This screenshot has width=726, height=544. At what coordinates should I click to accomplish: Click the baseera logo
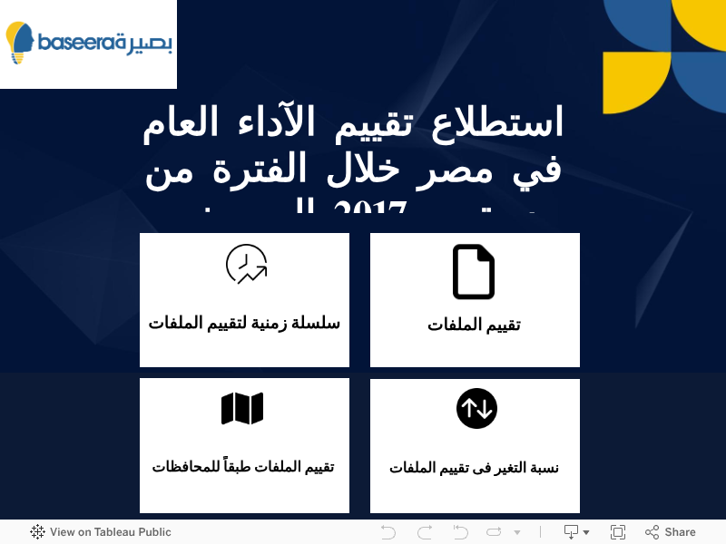[89, 43]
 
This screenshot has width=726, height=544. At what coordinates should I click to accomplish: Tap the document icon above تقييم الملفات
[474, 272]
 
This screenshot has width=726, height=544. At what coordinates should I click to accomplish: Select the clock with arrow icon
[246, 265]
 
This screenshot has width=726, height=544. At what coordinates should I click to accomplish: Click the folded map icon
[242, 409]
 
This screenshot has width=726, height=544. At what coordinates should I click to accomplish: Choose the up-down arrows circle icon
[476, 409]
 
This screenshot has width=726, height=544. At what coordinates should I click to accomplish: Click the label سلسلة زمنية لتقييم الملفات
[244, 322]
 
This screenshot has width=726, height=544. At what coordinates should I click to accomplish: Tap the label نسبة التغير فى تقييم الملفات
[474, 468]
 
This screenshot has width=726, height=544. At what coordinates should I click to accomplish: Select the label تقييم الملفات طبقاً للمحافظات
[243, 467]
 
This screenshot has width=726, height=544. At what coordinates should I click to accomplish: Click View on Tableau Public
[110, 532]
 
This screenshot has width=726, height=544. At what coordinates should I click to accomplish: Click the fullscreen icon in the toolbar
[618, 532]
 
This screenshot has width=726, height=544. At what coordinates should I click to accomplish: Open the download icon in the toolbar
[572, 532]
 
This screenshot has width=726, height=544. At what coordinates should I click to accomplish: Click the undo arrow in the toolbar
[388, 532]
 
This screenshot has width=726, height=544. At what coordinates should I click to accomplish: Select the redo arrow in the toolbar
[425, 532]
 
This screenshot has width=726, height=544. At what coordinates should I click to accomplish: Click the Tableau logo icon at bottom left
[37, 532]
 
